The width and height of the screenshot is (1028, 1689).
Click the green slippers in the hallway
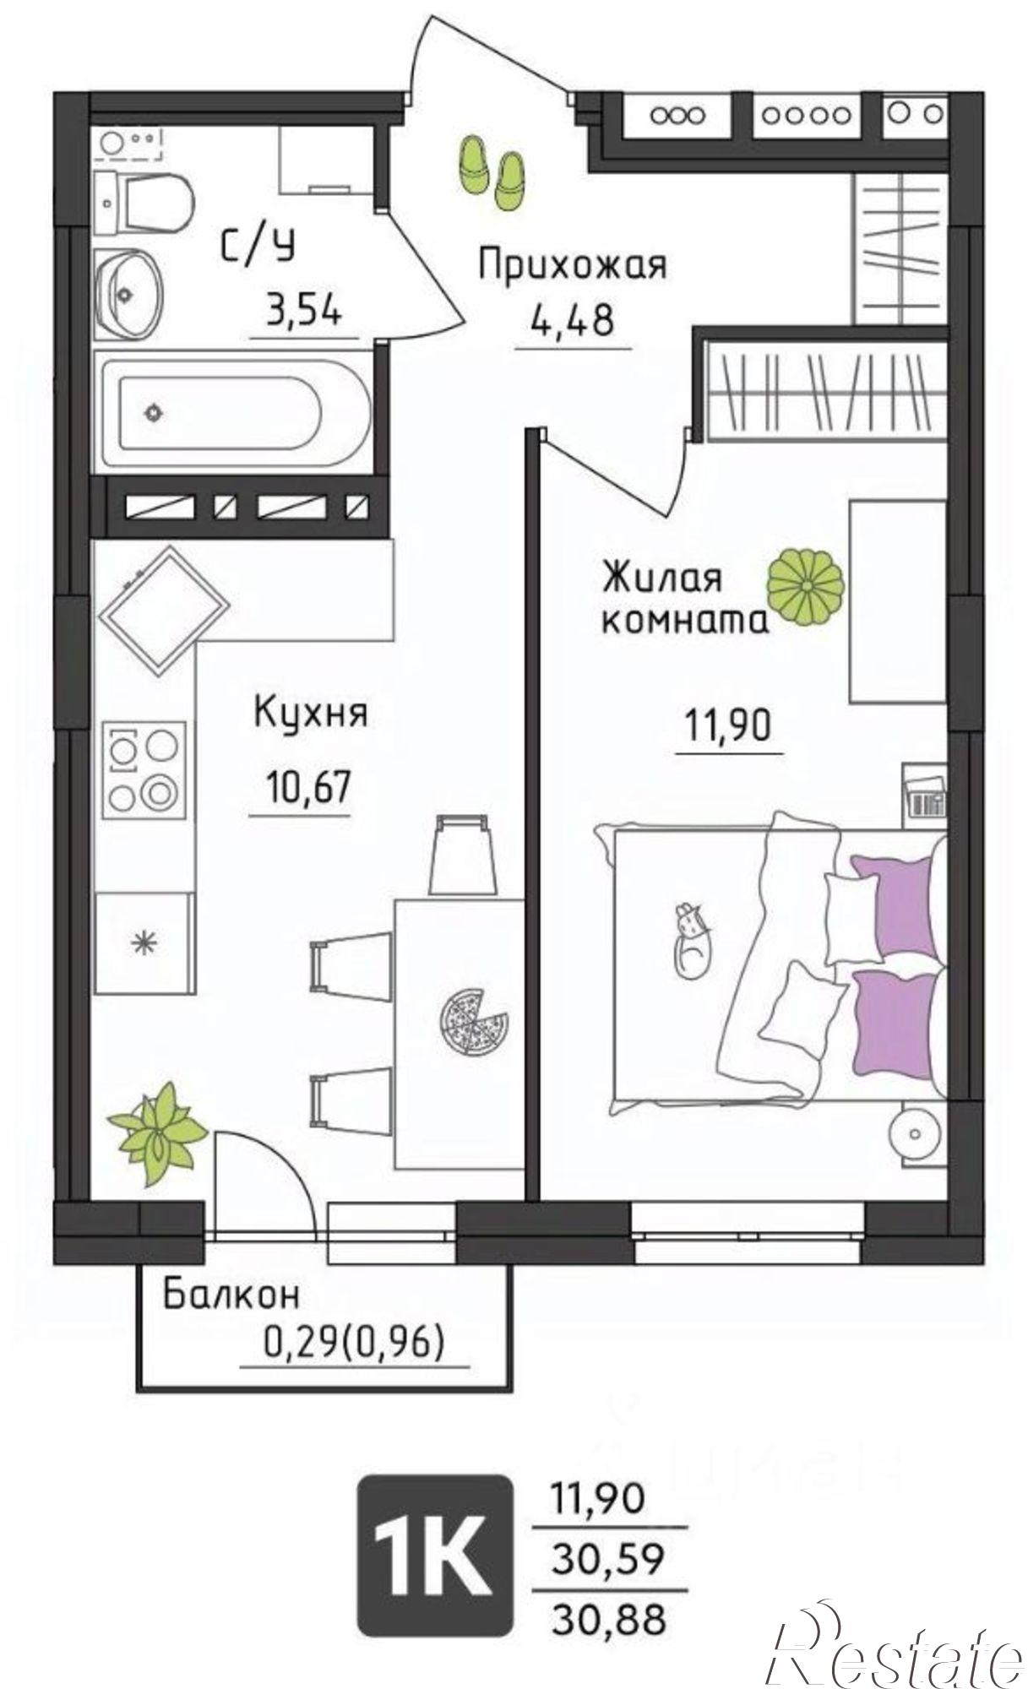click(x=492, y=170)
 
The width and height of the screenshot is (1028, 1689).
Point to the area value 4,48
click(x=571, y=321)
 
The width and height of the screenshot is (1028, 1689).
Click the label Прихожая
click(x=572, y=264)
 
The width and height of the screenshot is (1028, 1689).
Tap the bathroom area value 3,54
click(x=304, y=312)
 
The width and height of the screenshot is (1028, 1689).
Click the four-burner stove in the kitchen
click(x=144, y=768)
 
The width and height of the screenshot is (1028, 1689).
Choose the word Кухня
click(x=310, y=713)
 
